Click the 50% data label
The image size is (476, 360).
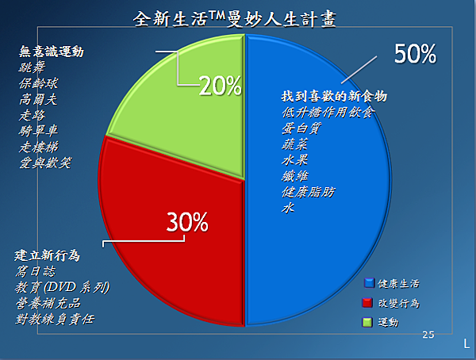tap(415, 54)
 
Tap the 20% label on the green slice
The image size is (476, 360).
tap(221, 86)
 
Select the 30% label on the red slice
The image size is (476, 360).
tap(187, 222)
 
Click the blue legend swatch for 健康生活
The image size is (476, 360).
tap(369, 283)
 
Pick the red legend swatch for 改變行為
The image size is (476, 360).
tap(367, 303)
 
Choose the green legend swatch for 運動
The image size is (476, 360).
tap(367, 322)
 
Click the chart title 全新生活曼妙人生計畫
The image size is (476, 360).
tap(235, 19)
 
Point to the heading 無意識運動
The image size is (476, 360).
tap(52, 52)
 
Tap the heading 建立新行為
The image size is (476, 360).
tap(47, 255)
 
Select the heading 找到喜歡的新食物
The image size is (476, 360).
tap(334, 96)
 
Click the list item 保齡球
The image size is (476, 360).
tap(38, 83)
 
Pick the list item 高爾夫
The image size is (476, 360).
tap(38, 99)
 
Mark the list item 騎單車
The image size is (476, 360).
tap(38, 131)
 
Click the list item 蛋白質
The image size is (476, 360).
tap(301, 128)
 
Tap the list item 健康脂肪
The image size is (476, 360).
tap(308, 192)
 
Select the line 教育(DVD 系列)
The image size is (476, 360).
tap(62, 287)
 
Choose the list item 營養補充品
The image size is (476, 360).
tap(48, 303)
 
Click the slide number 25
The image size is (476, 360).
tap(428, 335)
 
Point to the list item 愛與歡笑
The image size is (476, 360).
tap(45, 163)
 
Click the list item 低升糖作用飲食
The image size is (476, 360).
tap(328, 113)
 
